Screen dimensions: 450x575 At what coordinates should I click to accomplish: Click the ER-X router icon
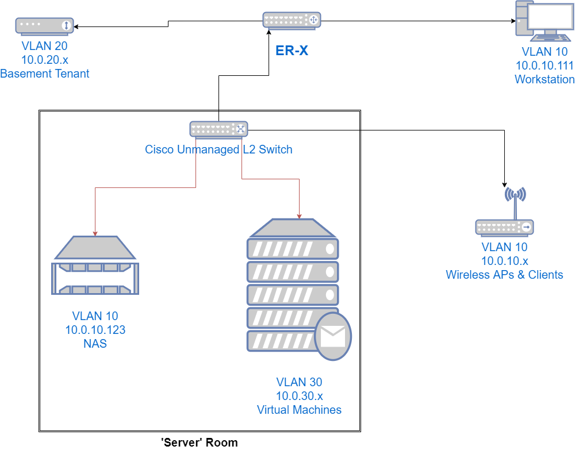pos(292,20)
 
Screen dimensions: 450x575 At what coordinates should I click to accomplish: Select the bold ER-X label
pos(292,51)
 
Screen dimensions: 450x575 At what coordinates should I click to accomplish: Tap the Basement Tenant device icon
pos(44,26)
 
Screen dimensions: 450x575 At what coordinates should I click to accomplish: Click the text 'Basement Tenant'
pos(45,74)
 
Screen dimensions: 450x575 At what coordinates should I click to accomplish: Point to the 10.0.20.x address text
pos(45,60)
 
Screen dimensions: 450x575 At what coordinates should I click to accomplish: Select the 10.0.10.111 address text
pos(544,66)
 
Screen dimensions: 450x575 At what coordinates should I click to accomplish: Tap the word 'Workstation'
pos(544,79)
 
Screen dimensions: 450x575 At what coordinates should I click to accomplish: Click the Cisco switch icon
pos(218,129)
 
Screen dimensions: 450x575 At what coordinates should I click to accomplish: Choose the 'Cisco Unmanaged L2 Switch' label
pos(218,150)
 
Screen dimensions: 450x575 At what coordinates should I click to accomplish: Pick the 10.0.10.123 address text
pos(95,330)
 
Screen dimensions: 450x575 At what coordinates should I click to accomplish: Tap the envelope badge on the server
pos(333,337)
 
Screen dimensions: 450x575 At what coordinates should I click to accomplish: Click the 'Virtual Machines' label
pos(299,410)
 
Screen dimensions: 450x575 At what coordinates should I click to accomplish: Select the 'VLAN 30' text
pos(299,382)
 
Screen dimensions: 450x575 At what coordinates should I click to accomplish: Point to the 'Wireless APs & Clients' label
pos(504,275)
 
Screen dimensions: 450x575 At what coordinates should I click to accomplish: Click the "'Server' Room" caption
pos(200,442)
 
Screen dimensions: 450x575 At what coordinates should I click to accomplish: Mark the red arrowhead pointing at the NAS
pos(95,233)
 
